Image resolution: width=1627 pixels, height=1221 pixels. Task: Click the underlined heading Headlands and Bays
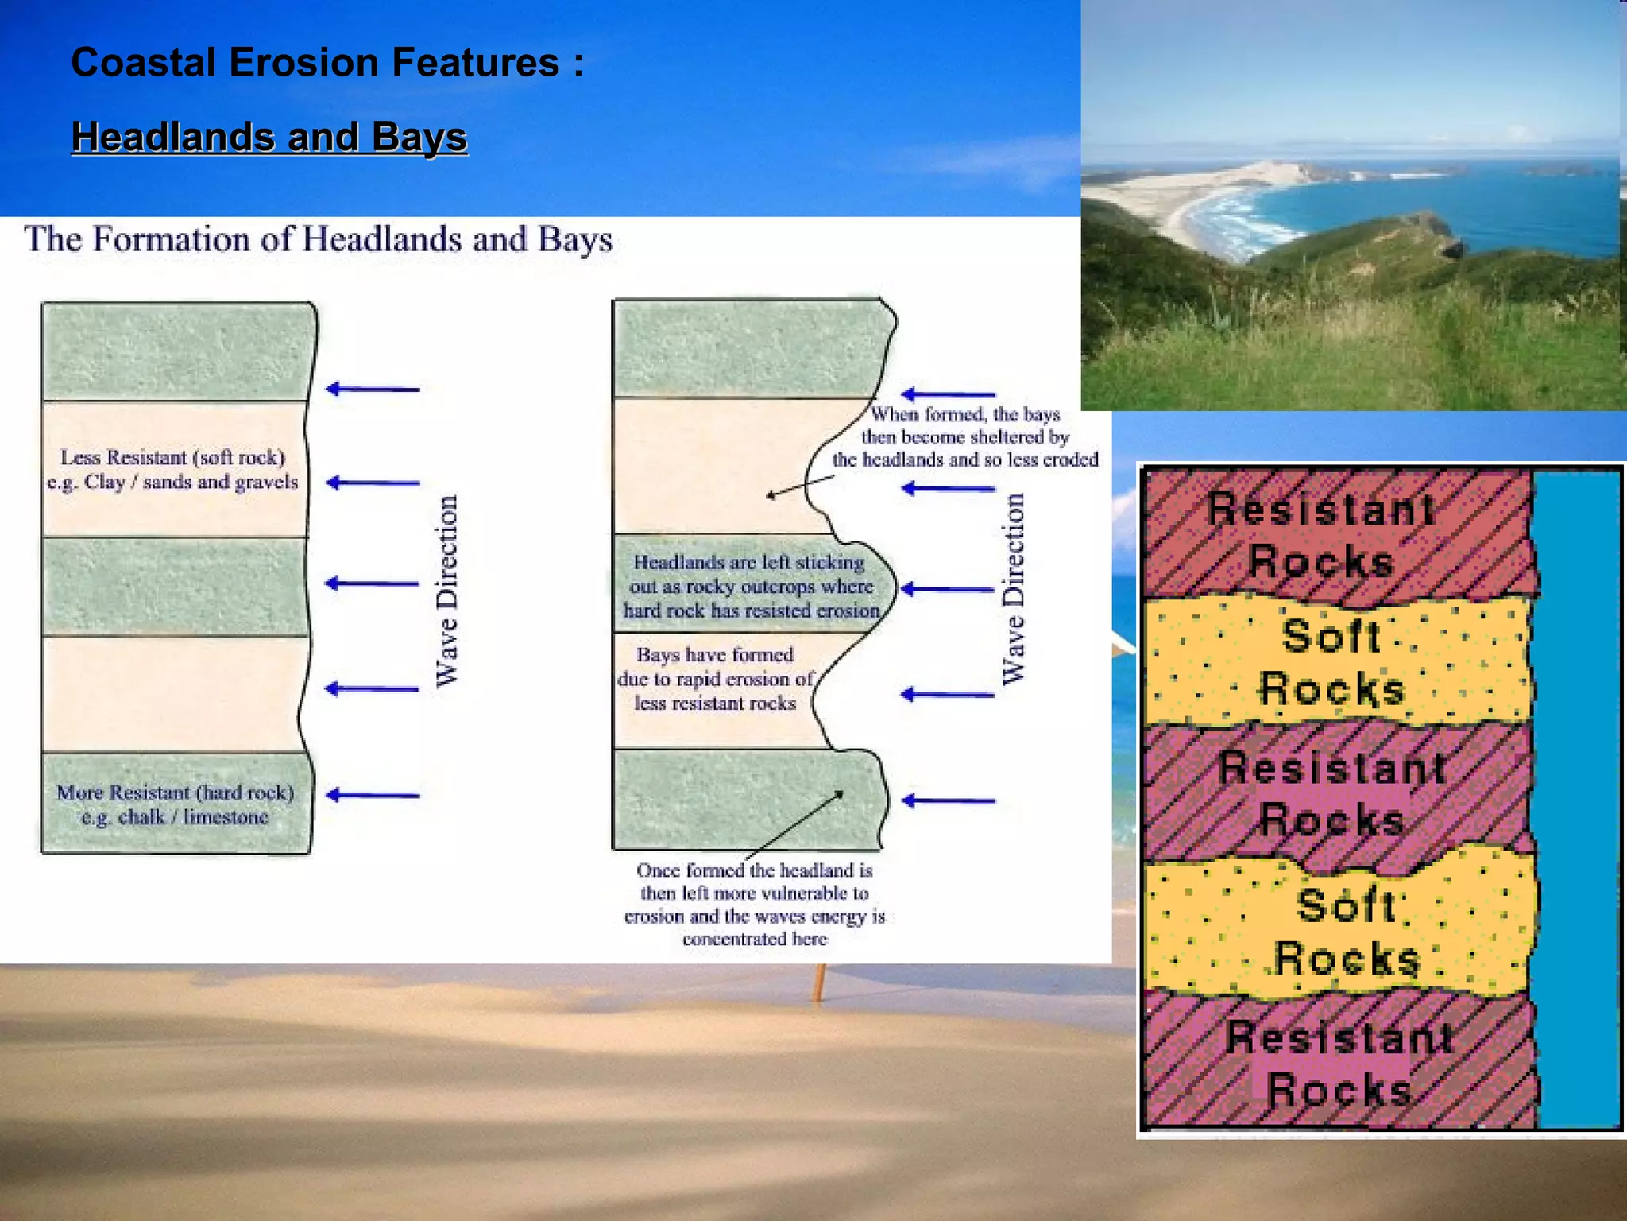(269, 137)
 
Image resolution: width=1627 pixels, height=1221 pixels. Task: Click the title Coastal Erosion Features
(327, 62)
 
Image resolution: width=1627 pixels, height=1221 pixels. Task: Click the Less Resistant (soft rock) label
(172, 470)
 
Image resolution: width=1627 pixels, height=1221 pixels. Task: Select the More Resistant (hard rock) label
(175, 804)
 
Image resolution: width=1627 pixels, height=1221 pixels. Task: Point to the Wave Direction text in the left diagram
(447, 591)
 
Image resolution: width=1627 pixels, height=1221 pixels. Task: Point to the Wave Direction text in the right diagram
(1013, 589)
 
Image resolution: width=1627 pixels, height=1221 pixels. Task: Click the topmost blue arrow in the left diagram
(373, 389)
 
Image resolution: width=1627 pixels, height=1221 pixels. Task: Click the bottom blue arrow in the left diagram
(373, 795)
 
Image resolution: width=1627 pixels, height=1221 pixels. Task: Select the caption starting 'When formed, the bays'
(964, 436)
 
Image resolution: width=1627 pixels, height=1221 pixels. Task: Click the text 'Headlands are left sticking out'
(750, 587)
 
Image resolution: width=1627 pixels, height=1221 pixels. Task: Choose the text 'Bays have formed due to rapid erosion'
(715, 679)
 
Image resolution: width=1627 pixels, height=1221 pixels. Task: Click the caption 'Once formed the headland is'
(754, 904)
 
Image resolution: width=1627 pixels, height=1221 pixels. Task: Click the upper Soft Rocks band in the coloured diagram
(1335, 661)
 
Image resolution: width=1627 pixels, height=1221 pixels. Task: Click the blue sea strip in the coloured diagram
(1577, 795)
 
